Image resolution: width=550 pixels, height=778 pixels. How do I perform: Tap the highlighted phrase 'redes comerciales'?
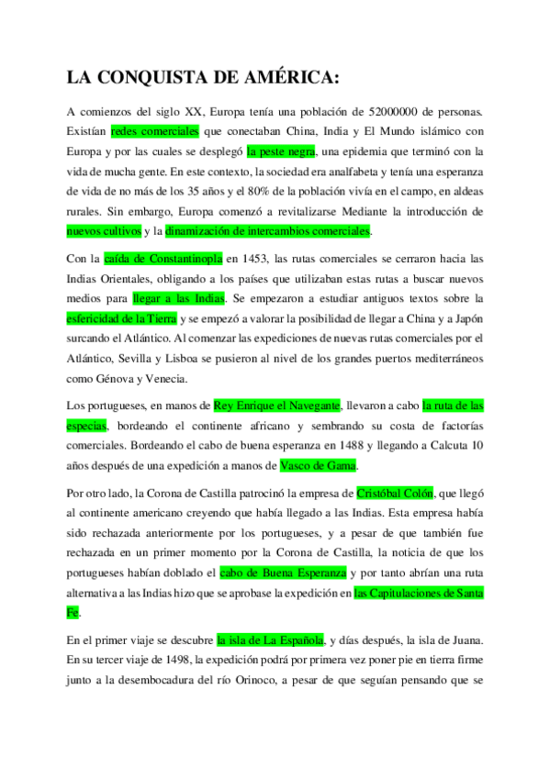tap(148, 131)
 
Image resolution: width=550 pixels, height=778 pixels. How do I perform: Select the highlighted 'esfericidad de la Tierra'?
tap(121, 319)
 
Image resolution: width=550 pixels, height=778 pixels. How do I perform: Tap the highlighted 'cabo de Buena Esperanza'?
tap(284, 572)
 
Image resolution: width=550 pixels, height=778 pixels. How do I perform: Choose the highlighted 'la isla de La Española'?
tap(270, 639)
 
